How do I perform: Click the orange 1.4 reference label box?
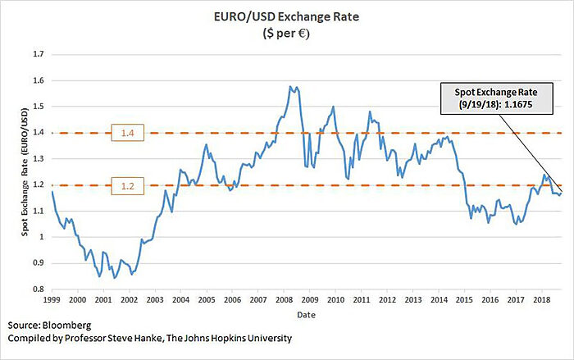125,133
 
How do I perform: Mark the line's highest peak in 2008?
290,85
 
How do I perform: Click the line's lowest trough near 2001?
114,279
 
